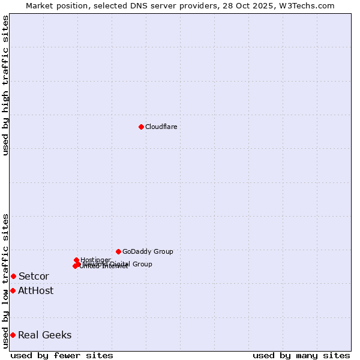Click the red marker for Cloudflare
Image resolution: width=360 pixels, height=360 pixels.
[141, 127]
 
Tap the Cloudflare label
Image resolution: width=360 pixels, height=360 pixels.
[161, 127]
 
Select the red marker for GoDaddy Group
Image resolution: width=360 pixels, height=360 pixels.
[118, 251]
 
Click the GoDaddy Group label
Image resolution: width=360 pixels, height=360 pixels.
[148, 251]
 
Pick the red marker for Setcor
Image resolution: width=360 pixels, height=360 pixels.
[13, 276]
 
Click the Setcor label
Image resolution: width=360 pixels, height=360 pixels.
[34, 276]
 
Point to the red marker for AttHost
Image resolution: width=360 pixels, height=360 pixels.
[13, 290]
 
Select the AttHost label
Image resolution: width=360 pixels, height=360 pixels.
[35, 290]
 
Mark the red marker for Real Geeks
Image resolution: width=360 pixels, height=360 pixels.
[13, 335]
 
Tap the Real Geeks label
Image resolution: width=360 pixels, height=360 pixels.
[44, 335]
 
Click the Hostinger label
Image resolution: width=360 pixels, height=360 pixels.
[95, 260]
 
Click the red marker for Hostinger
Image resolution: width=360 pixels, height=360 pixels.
[76, 260]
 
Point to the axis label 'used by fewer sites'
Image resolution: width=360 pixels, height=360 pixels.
[62, 355]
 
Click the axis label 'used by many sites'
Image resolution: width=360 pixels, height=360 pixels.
[301, 355]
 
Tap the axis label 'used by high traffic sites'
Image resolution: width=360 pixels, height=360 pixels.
[5, 85]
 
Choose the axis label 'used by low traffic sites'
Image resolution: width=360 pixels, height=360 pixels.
[5, 280]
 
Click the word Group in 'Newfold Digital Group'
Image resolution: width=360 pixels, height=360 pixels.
[142, 264]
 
